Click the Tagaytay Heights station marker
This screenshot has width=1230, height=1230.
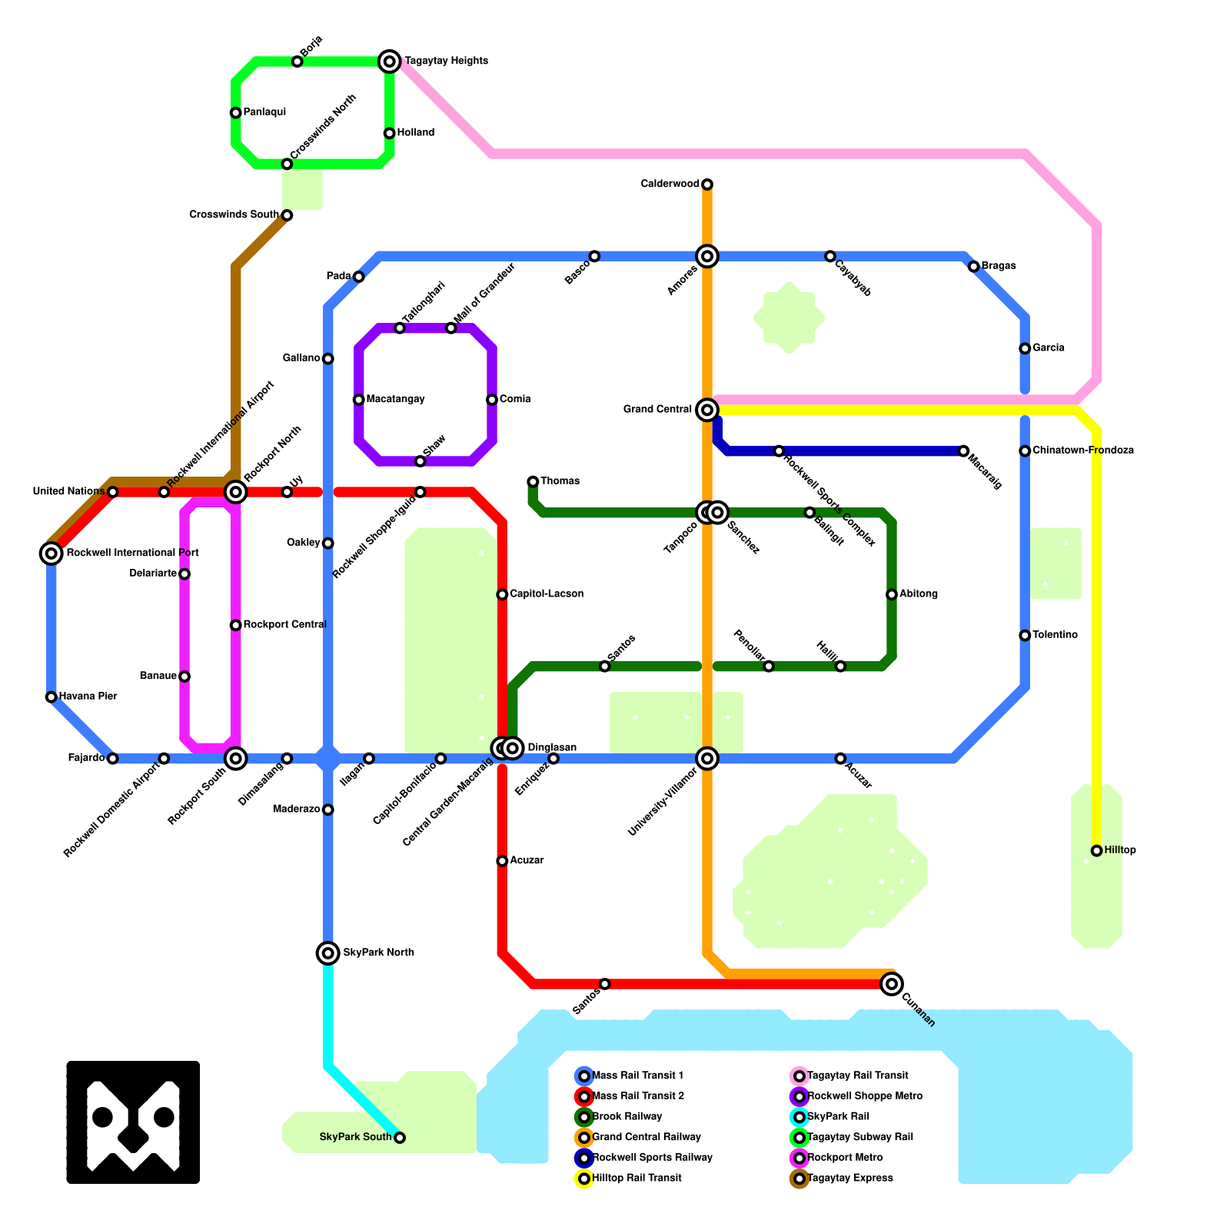point(390,61)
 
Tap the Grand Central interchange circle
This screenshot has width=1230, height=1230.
point(707,410)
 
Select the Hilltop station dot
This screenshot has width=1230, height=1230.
point(1096,850)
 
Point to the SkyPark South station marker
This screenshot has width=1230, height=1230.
point(400,1138)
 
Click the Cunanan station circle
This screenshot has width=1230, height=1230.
point(892,983)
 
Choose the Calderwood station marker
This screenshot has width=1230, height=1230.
point(707,184)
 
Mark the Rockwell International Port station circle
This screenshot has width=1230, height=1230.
point(52,553)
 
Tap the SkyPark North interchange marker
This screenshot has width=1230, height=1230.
point(328,953)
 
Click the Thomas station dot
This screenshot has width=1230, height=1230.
point(533,481)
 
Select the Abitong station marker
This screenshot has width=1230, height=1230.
point(892,594)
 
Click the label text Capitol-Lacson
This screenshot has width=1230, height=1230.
point(547,594)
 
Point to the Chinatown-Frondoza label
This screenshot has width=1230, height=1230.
point(1083,450)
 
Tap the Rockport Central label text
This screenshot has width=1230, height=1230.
point(285,625)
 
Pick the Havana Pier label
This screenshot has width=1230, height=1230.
point(88,696)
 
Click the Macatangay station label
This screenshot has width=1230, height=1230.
point(396,400)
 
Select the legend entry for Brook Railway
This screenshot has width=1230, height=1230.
point(627,1117)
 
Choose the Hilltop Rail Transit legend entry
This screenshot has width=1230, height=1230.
point(637,1178)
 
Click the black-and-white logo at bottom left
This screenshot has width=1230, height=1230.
point(133,1122)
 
